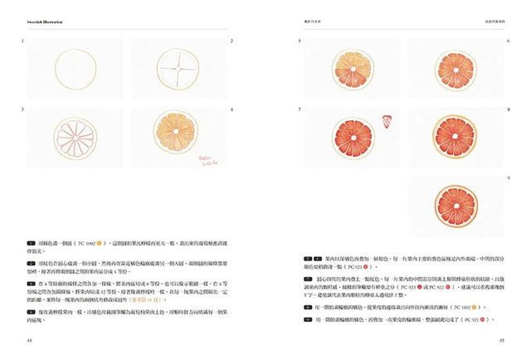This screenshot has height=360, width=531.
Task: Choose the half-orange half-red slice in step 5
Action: click(x=349, y=64)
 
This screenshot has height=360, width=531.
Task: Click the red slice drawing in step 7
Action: click(x=348, y=133)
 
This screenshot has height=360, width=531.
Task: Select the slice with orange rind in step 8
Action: click(x=454, y=133)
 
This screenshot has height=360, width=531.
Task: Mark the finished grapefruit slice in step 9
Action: click(x=453, y=202)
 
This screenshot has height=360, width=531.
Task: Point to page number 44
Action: click(x=30, y=339)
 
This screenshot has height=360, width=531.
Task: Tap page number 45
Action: click(x=501, y=339)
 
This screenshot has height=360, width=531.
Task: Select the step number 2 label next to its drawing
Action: click(x=231, y=41)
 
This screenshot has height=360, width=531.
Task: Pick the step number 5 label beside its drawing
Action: click(x=300, y=41)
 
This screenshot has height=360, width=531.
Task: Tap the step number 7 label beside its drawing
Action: click(x=300, y=109)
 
